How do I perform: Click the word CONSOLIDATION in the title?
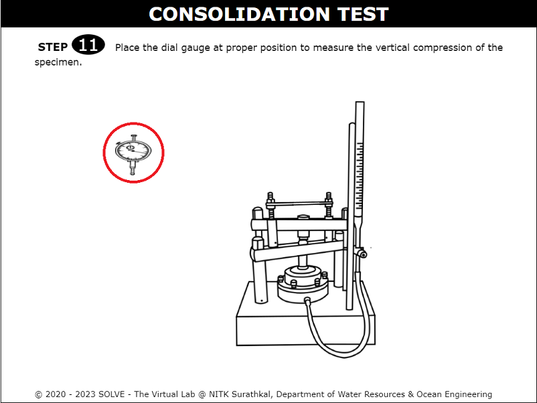[x=239, y=14]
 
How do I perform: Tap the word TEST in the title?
[x=363, y=14]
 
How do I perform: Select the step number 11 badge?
[x=88, y=44]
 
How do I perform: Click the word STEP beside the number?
[x=53, y=47]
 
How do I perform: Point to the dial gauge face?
[x=133, y=150]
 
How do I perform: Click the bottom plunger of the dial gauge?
[x=133, y=168]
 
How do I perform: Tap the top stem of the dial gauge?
[x=133, y=137]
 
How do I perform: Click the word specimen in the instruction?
[x=58, y=62]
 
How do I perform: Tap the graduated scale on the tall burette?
[x=360, y=176]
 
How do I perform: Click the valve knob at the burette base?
[x=362, y=254]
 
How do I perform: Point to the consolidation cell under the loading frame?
[x=303, y=283]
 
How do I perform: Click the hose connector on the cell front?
[x=308, y=301]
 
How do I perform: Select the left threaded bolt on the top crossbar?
[x=271, y=205]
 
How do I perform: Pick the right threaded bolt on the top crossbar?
[x=329, y=204]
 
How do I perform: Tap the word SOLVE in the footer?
[x=111, y=394]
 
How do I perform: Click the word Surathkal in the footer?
[x=250, y=394]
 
